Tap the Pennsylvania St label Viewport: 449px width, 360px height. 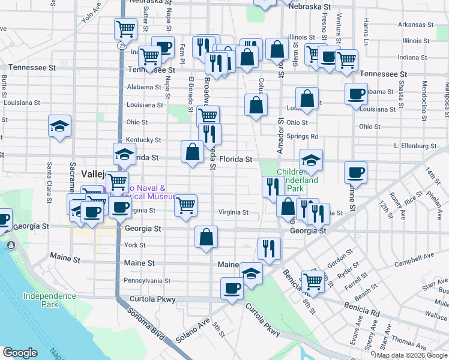tap(147, 280)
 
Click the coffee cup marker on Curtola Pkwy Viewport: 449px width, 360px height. tap(232, 288)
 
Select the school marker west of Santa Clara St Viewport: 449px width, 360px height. tap(60, 125)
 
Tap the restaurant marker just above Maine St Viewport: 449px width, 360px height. tap(268, 248)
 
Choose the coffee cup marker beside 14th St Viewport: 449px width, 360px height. tap(355, 172)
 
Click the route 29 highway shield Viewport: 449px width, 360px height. tap(122, 45)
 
